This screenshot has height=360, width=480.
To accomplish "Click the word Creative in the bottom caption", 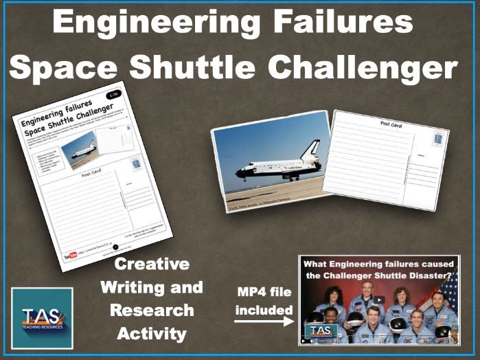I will coord(151,264).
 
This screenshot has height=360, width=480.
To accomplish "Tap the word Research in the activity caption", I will coord(151,310).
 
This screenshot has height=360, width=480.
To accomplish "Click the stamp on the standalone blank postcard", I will coord(437,139).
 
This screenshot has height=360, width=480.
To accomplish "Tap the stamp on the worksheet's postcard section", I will coord(135,164).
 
